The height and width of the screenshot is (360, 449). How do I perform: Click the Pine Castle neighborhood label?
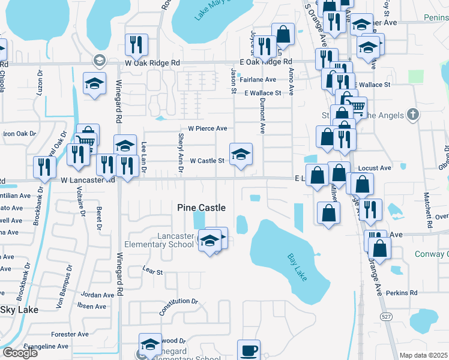[x=202, y=208]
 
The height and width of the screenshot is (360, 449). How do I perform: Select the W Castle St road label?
[x=207, y=161]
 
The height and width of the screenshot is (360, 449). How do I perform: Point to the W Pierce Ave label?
[x=208, y=128]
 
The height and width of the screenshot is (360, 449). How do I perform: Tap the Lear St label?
[x=152, y=272]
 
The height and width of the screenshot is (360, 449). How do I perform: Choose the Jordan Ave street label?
[x=97, y=295]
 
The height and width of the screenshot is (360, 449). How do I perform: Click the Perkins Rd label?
[x=402, y=293]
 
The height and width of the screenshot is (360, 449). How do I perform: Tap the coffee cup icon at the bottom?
[x=249, y=349]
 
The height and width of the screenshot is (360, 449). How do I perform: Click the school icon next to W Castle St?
[x=241, y=154]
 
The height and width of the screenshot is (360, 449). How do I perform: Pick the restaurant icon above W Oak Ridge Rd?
[x=136, y=44]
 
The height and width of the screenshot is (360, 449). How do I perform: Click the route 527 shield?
[x=385, y=316]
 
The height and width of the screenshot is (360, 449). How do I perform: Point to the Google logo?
[x=20, y=353]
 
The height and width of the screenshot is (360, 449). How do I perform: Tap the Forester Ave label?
[x=70, y=334]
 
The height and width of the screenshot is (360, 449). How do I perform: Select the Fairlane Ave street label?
[x=258, y=79]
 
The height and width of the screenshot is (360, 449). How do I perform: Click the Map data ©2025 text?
[x=423, y=355]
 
